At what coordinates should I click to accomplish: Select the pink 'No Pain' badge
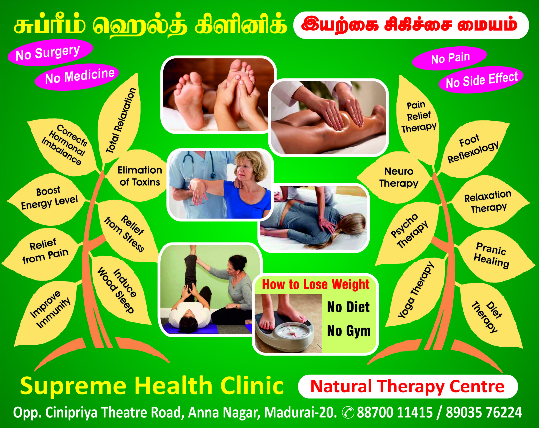point(450,58)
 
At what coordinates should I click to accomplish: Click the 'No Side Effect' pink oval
point(481,80)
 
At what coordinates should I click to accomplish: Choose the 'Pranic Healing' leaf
point(492,255)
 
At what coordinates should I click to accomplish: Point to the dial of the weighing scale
point(292,333)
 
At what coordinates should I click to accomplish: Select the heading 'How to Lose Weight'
point(315,285)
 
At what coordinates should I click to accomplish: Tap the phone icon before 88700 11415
point(348,412)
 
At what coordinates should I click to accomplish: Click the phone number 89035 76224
point(484,412)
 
